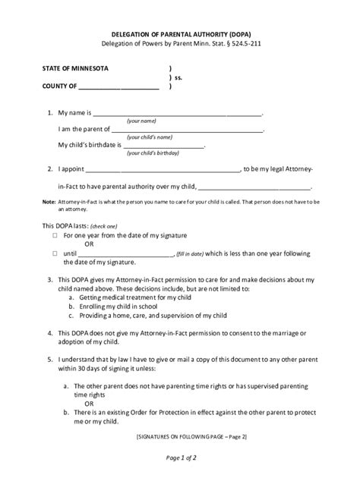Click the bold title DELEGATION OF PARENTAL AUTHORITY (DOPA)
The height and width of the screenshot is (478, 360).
(179, 35)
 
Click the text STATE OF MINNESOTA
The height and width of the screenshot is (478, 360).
(74, 68)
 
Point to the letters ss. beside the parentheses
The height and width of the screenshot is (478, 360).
(179, 77)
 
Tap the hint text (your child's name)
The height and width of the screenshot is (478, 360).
(152, 137)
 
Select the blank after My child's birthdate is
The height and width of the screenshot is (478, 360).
(163, 145)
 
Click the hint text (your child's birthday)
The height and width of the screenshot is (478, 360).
(153, 153)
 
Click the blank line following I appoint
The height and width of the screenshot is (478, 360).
(167, 168)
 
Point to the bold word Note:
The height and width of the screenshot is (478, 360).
(49, 202)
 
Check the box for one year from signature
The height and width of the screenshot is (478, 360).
(55, 236)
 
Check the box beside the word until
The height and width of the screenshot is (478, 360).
(55, 253)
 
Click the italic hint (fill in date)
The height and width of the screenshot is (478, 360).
(190, 254)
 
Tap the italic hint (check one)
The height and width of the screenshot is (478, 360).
(103, 227)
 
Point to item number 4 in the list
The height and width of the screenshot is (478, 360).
(49, 332)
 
